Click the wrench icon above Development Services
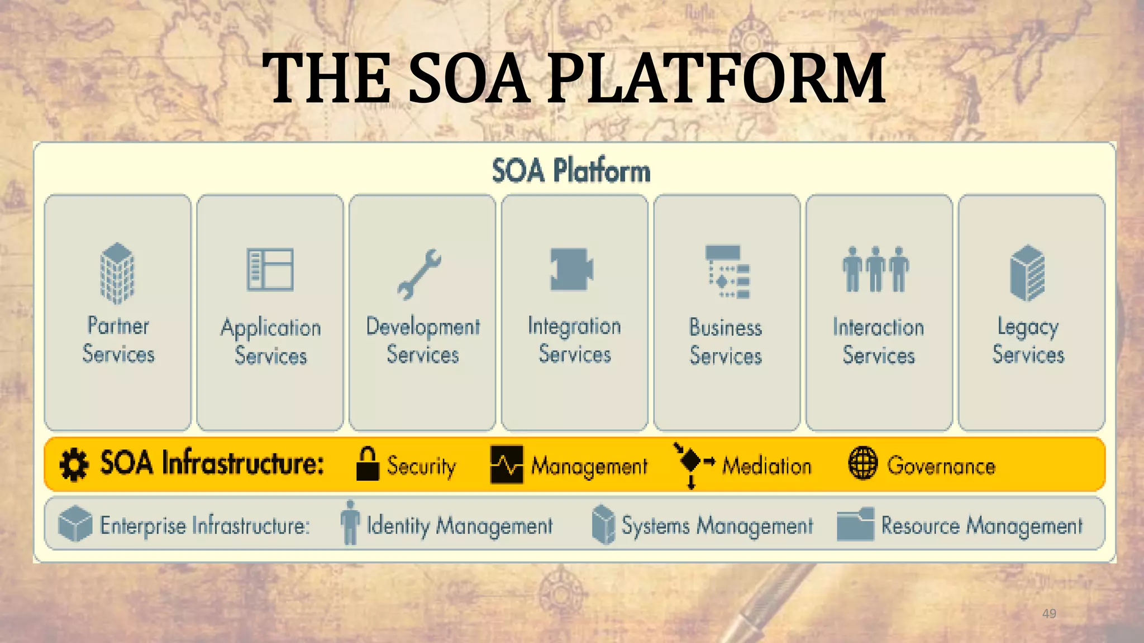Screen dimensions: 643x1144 coord(420,274)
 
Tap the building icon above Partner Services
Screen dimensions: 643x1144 coord(117,273)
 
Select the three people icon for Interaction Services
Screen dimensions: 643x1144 coord(876,269)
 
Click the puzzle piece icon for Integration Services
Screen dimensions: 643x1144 coord(571,269)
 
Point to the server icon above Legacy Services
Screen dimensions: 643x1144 coord(1027,273)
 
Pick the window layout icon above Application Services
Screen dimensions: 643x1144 coord(270,270)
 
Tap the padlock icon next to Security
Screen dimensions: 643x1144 coord(368,464)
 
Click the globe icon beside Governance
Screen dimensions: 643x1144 coord(863,463)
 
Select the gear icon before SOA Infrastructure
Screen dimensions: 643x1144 coord(74,464)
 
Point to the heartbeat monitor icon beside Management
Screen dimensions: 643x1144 coord(507,464)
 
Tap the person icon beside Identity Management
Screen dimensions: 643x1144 coord(350,522)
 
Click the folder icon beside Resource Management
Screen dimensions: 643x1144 coord(855,524)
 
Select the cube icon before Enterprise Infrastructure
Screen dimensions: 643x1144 coord(75,524)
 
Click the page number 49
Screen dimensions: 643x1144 coord(1049,613)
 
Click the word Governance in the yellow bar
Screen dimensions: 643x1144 coord(941,466)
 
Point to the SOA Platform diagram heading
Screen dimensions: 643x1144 coord(571,171)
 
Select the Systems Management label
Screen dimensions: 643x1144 coord(717,526)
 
